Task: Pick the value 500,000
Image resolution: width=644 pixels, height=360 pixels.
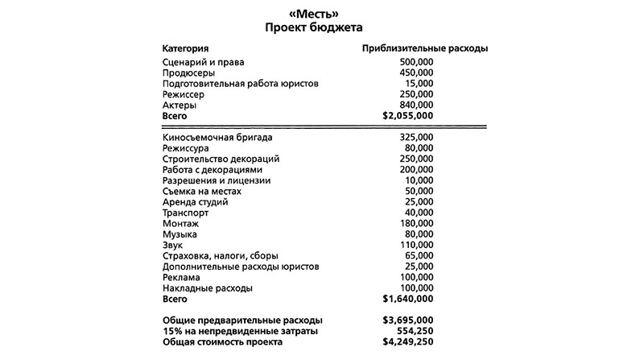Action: point(416,62)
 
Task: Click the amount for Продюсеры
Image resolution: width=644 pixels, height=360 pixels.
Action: point(416,72)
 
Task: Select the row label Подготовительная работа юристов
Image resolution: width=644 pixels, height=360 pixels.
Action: point(241,84)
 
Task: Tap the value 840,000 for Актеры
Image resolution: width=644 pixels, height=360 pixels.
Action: point(416,106)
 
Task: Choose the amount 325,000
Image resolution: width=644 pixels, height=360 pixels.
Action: point(416,139)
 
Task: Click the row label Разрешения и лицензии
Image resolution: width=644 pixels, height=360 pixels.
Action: point(216,180)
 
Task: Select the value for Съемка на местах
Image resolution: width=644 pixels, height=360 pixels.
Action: point(419,192)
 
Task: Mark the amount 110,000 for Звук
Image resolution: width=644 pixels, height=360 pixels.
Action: point(416,245)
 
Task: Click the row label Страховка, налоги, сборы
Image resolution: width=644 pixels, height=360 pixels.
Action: point(220,255)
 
